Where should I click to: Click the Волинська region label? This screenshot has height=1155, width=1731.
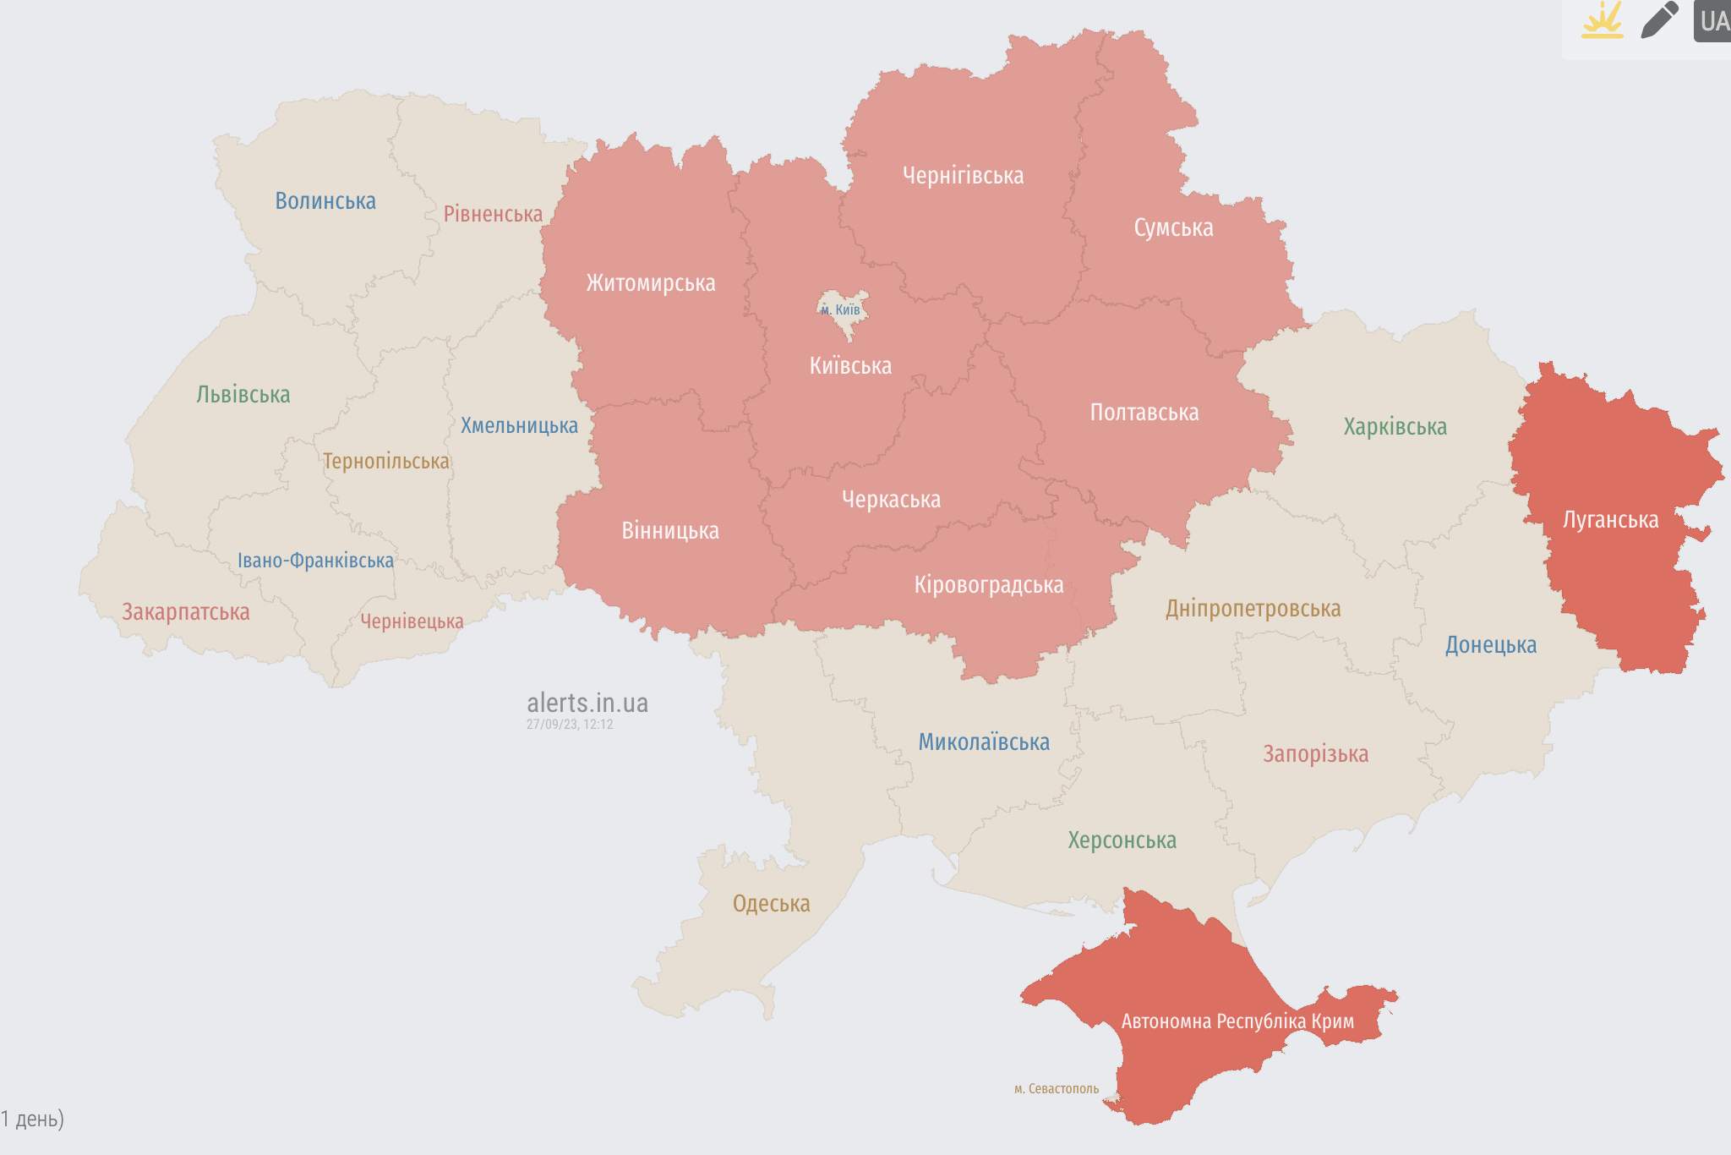pos(325,201)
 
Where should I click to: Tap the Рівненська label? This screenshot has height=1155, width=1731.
pos(493,214)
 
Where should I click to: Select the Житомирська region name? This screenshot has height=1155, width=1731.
pos(651,283)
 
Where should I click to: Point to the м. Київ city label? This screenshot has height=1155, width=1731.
pos(841,309)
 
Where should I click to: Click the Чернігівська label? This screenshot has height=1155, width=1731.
pos(963,176)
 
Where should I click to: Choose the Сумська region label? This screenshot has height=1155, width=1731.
pos(1173,228)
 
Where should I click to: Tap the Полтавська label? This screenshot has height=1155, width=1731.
pos(1144,413)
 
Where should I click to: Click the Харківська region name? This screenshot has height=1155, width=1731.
pos(1395,427)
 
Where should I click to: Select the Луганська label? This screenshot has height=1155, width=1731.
pos(1610,520)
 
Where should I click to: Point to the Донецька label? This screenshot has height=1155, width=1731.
pos(1490,645)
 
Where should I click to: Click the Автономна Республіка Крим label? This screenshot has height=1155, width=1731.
pos(1237,1021)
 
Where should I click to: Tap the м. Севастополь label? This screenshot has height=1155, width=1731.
pos(1057,1089)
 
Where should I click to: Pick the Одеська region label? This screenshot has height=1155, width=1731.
pos(771,904)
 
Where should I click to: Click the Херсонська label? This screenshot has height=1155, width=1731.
pos(1122,840)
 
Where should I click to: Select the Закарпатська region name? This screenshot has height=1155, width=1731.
pos(186,612)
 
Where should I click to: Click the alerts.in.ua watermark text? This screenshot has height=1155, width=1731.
pos(587,703)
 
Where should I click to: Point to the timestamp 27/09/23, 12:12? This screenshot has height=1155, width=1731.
pos(570,725)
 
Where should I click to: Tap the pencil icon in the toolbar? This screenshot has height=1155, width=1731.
pos(1659,20)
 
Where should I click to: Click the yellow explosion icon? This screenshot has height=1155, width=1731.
pos(1603,20)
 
